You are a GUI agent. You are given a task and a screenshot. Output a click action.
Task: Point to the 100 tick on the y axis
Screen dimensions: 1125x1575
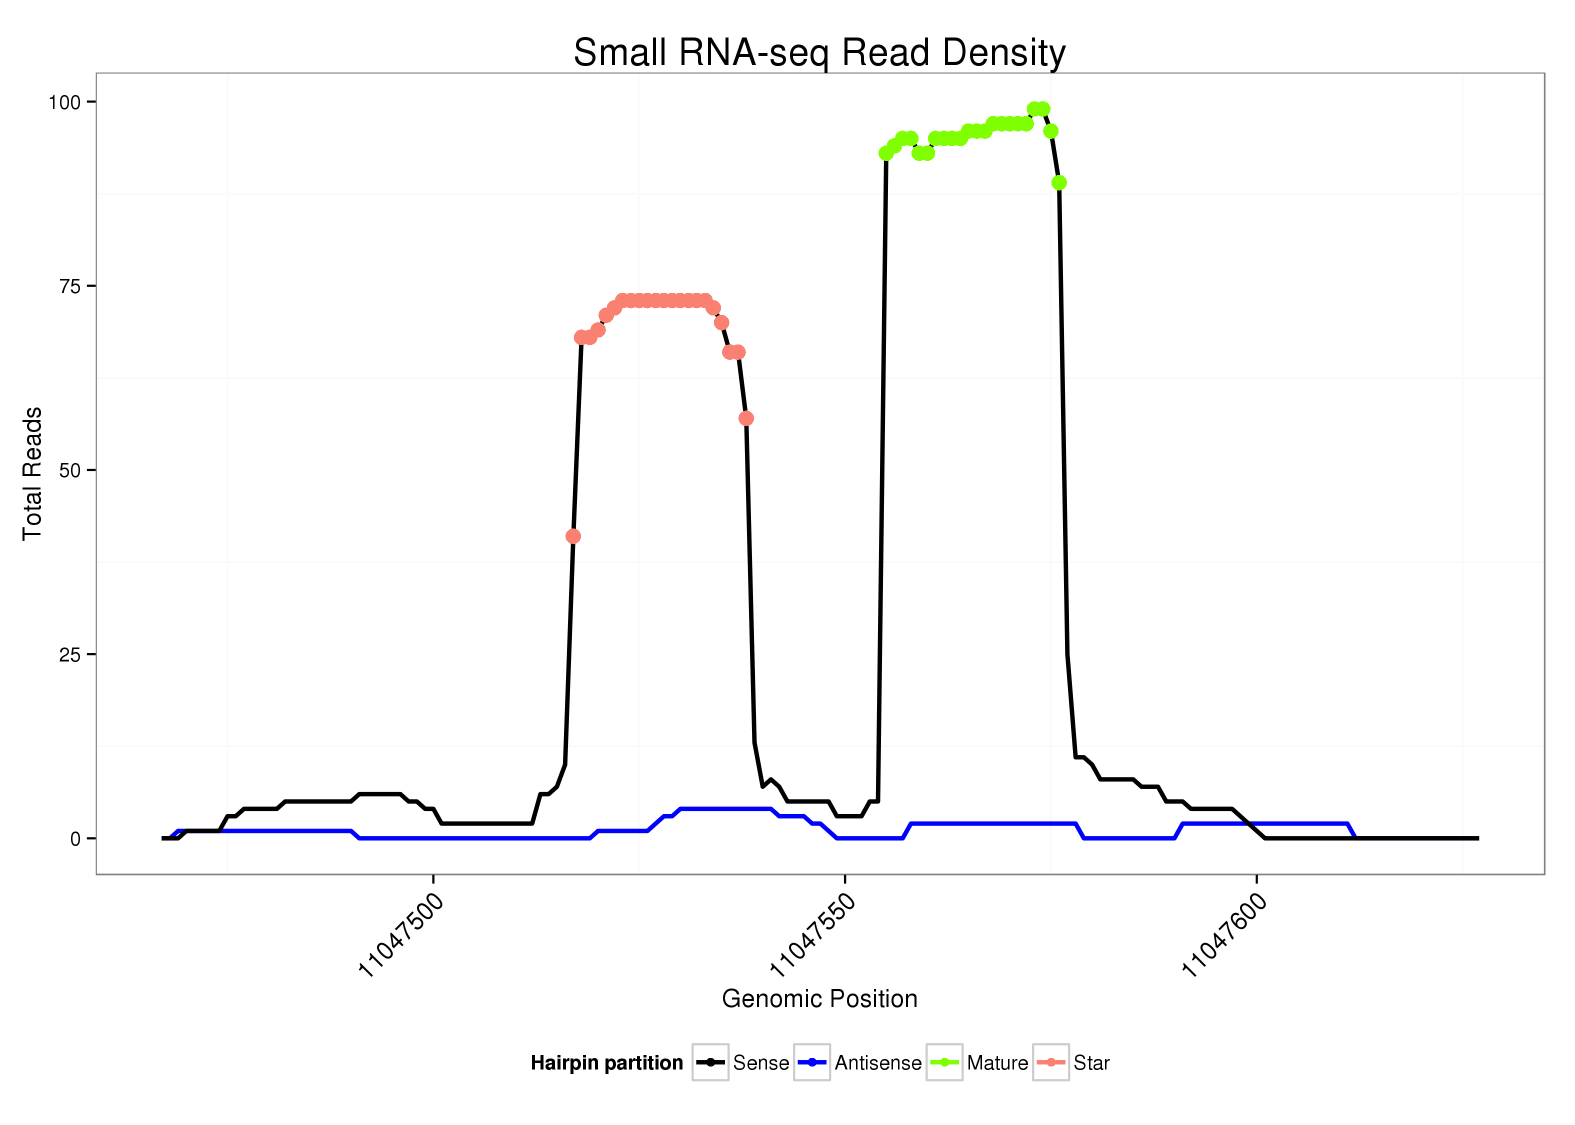pyautogui.click(x=64, y=102)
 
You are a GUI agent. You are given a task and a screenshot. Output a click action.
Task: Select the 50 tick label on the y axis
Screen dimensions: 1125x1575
pyautogui.click(x=70, y=471)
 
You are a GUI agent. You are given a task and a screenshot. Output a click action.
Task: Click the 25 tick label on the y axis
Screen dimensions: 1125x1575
pyautogui.click(x=70, y=654)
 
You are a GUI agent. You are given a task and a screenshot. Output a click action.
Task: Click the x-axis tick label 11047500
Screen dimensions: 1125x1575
pyautogui.click(x=400, y=934)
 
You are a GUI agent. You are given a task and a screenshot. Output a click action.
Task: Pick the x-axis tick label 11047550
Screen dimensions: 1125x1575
pyautogui.click(x=811, y=934)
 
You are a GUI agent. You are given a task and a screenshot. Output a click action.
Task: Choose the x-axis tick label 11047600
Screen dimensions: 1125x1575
pyautogui.click(x=1223, y=934)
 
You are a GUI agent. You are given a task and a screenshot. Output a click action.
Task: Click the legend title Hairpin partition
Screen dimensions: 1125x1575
pyautogui.click(x=606, y=1062)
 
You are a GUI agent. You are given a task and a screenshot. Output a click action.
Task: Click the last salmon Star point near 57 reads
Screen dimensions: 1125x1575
pyautogui.click(x=746, y=418)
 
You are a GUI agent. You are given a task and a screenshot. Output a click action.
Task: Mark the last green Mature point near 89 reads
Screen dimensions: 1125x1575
pyautogui.click(x=1059, y=183)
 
